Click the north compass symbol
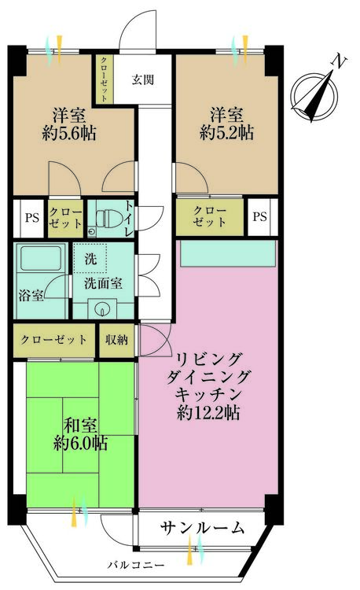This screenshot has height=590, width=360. click(x=315, y=94)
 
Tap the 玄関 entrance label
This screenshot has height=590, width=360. click(x=143, y=79)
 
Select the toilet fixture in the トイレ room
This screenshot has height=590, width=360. click(x=108, y=219)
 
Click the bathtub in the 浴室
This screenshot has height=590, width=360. click(x=41, y=258)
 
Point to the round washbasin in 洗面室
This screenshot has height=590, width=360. click(x=102, y=309)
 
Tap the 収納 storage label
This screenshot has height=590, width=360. click(x=116, y=340)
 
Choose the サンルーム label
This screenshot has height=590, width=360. click(x=202, y=529)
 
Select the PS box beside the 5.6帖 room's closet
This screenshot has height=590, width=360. click(x=32, y=218)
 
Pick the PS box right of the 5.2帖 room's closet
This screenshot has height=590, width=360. click(x=260, y=217)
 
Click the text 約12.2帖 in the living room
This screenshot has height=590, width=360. click(x=208, y=413)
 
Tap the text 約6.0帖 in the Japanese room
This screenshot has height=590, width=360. click(x=81, y=443)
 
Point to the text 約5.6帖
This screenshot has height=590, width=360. click(x=69, y=133)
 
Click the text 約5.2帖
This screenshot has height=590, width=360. click(x=227, y=133)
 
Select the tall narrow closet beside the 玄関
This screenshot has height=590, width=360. click(x=104, y=79)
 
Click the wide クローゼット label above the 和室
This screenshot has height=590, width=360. click(x=53, y=340)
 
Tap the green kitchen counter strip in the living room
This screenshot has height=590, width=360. click(x=228, y=254)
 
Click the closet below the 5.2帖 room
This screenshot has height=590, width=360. click(x=210, y=217)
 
